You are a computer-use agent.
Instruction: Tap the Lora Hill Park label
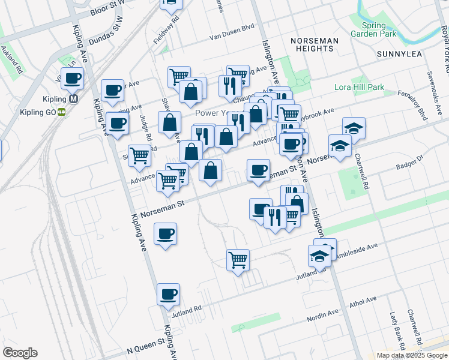click(359, 88)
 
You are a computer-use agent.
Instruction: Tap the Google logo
click(20, 353)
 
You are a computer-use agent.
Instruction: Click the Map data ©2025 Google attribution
click(412, 355)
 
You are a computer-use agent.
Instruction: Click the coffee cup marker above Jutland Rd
click(168, 294)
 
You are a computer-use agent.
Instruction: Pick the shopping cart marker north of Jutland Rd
click(238, 260)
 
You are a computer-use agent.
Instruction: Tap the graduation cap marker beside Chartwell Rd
click(354, 128)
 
